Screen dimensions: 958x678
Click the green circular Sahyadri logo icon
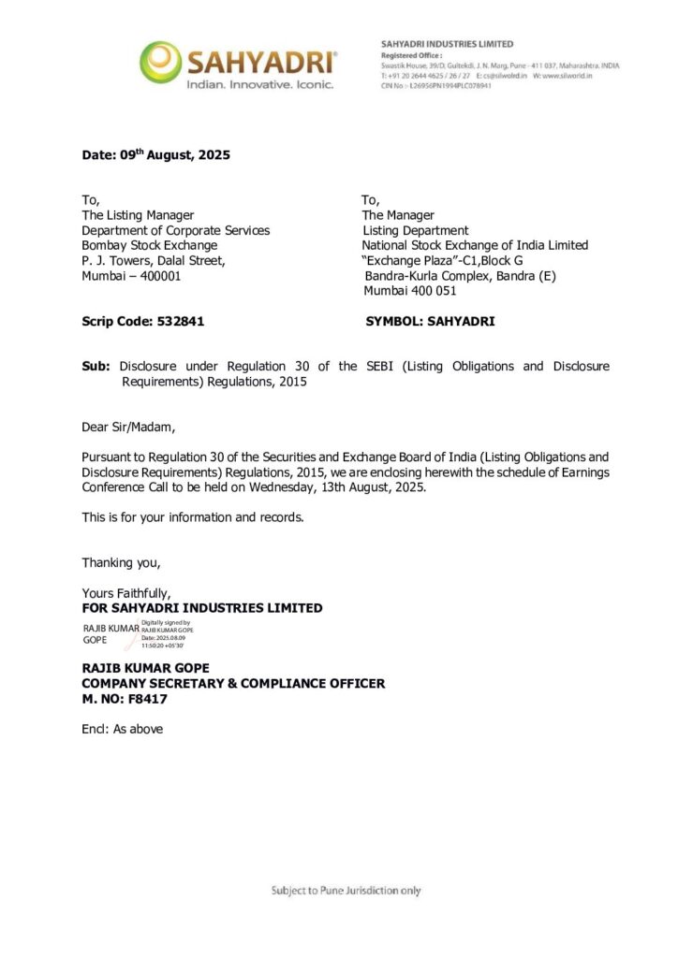tap(160, 62)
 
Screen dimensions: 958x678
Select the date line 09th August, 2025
tap(155, 155)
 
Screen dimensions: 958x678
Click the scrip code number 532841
tap(175, 321)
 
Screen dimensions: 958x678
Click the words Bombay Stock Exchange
tap(149, 245)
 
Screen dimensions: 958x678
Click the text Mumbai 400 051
tap(409, 291)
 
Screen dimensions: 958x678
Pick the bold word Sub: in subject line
tap(96, 366)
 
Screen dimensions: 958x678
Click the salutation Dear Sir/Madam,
tap(128, 428)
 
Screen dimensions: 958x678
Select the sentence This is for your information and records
tap(192, 517)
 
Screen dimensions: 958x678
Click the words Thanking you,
tap(121, 562)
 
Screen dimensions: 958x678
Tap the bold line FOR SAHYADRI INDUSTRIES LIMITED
tap(202, 608)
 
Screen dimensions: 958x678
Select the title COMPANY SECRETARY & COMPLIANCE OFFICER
tap(233, 684)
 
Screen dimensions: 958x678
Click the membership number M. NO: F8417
tap(125, 699)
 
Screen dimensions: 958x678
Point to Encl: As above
tap(122, 729)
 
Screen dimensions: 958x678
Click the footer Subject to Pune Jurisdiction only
tap(346, 890)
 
